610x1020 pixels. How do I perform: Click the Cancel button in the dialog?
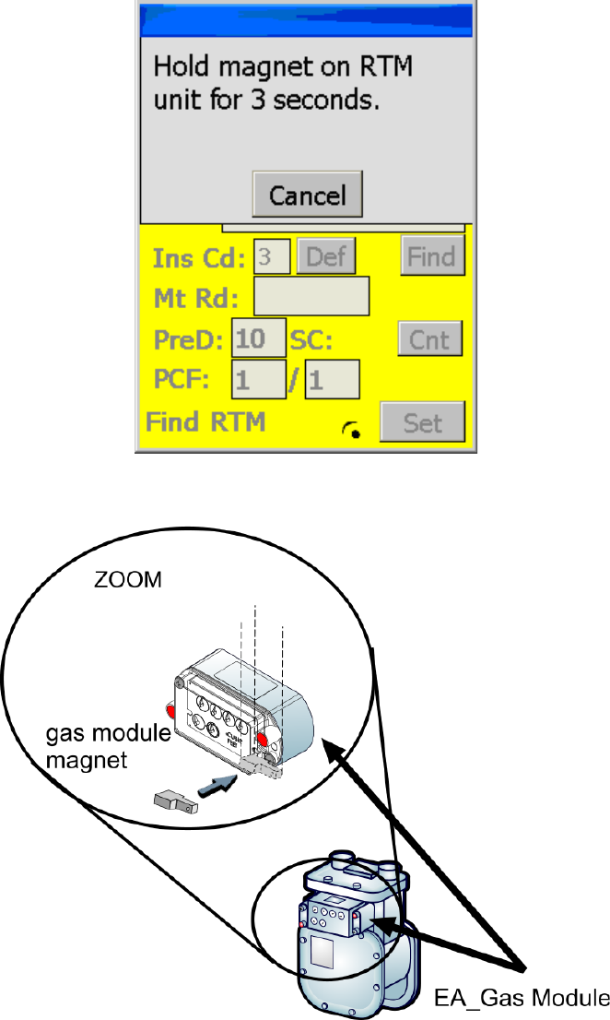pyautogui.click(x=307, y=195)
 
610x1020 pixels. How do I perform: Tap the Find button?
pyautogui.click(x=432, y=256)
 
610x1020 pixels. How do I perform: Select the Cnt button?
pyautogui.click(x=429, y=339)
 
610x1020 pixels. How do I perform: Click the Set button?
pyautogui.click(x=423, y=422)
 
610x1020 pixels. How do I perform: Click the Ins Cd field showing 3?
pyautogui.click(x=273, y=256)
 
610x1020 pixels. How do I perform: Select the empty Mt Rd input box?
pyautogui.click(x=311, y=297)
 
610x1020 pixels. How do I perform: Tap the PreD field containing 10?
pyautogui.click(x=259, y=338)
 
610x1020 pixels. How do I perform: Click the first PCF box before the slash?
pyautogui.click(x=258, y=379)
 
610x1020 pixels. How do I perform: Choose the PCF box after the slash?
pyautogui.click(x=332, y=379)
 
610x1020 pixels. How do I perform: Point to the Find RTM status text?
pyautogui.click(x=205, y=422)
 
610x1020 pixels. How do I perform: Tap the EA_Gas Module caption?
pyautogui.click(x=521, y=999)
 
